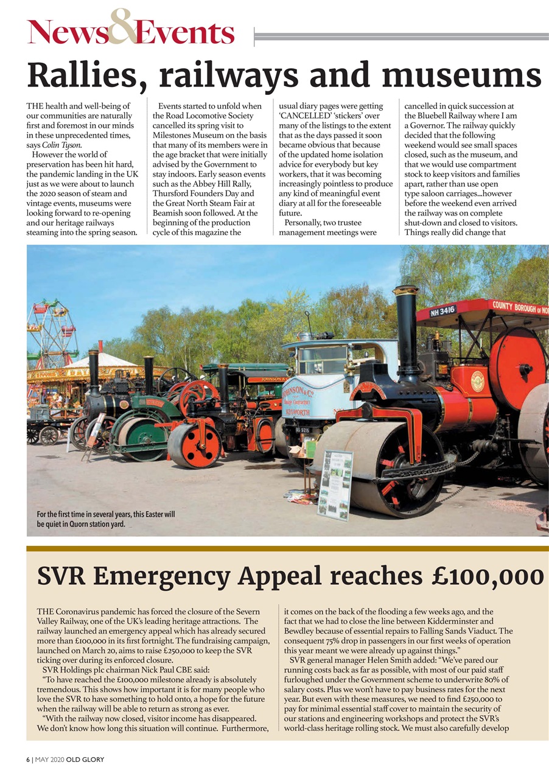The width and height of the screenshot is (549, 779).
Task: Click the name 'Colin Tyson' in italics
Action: (60, 144)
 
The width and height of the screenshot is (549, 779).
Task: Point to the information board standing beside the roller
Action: (335, 485)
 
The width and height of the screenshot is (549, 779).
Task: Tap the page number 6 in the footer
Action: (29, 759)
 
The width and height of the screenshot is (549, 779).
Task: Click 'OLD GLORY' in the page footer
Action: (85, 759)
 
